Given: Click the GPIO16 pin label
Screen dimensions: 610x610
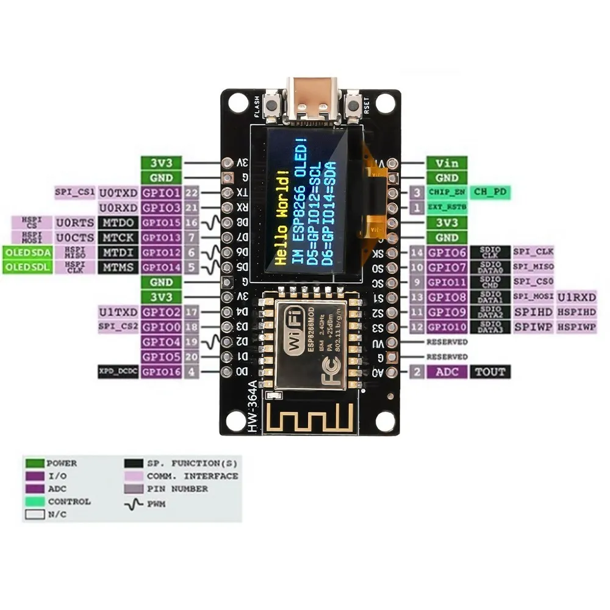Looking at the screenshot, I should [x=161, y=371].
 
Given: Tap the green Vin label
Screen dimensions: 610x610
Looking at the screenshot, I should [x=447, y=163].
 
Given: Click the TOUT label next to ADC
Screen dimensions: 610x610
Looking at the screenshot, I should [x=490, y=371].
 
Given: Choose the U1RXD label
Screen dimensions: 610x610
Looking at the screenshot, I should [x=576, y=297].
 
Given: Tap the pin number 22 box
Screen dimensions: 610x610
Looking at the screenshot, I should [x=192, y=193].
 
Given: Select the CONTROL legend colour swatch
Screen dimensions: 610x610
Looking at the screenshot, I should [x=34, y=501].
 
